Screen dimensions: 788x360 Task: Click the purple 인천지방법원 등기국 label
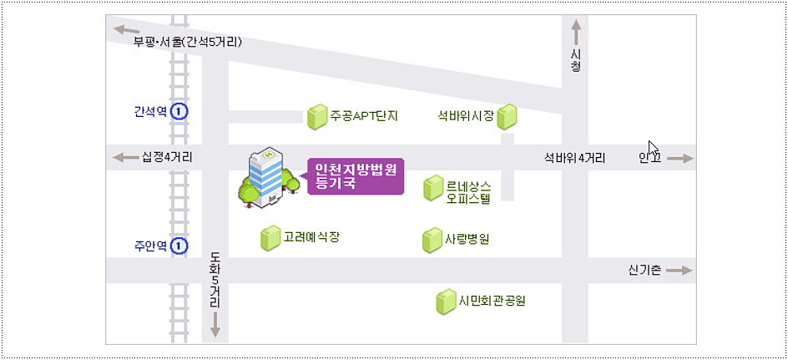[x=355, y=176]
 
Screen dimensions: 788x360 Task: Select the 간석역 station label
[x=150, y=111]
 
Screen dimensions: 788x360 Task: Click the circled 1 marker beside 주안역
[x=179, y=246]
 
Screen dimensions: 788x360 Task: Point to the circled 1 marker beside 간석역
[x=179, y=111]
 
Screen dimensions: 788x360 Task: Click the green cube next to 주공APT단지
[x=317, y=117]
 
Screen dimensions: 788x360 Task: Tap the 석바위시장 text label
[x=466, y=116]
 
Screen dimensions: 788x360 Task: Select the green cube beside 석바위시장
[x=508, y=117]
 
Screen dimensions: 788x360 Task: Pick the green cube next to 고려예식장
[x=270, y=238]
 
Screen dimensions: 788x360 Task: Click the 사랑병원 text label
[x=467, y=240]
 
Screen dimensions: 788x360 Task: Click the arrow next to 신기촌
[x=679, y=271]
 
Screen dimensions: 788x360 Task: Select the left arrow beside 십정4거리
[x=124, y=157]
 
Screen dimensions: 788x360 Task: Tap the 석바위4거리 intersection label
[x=575, y=157]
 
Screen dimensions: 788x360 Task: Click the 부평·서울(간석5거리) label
[x=187, y=41]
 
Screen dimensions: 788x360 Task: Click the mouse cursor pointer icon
[x=654, y=149]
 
